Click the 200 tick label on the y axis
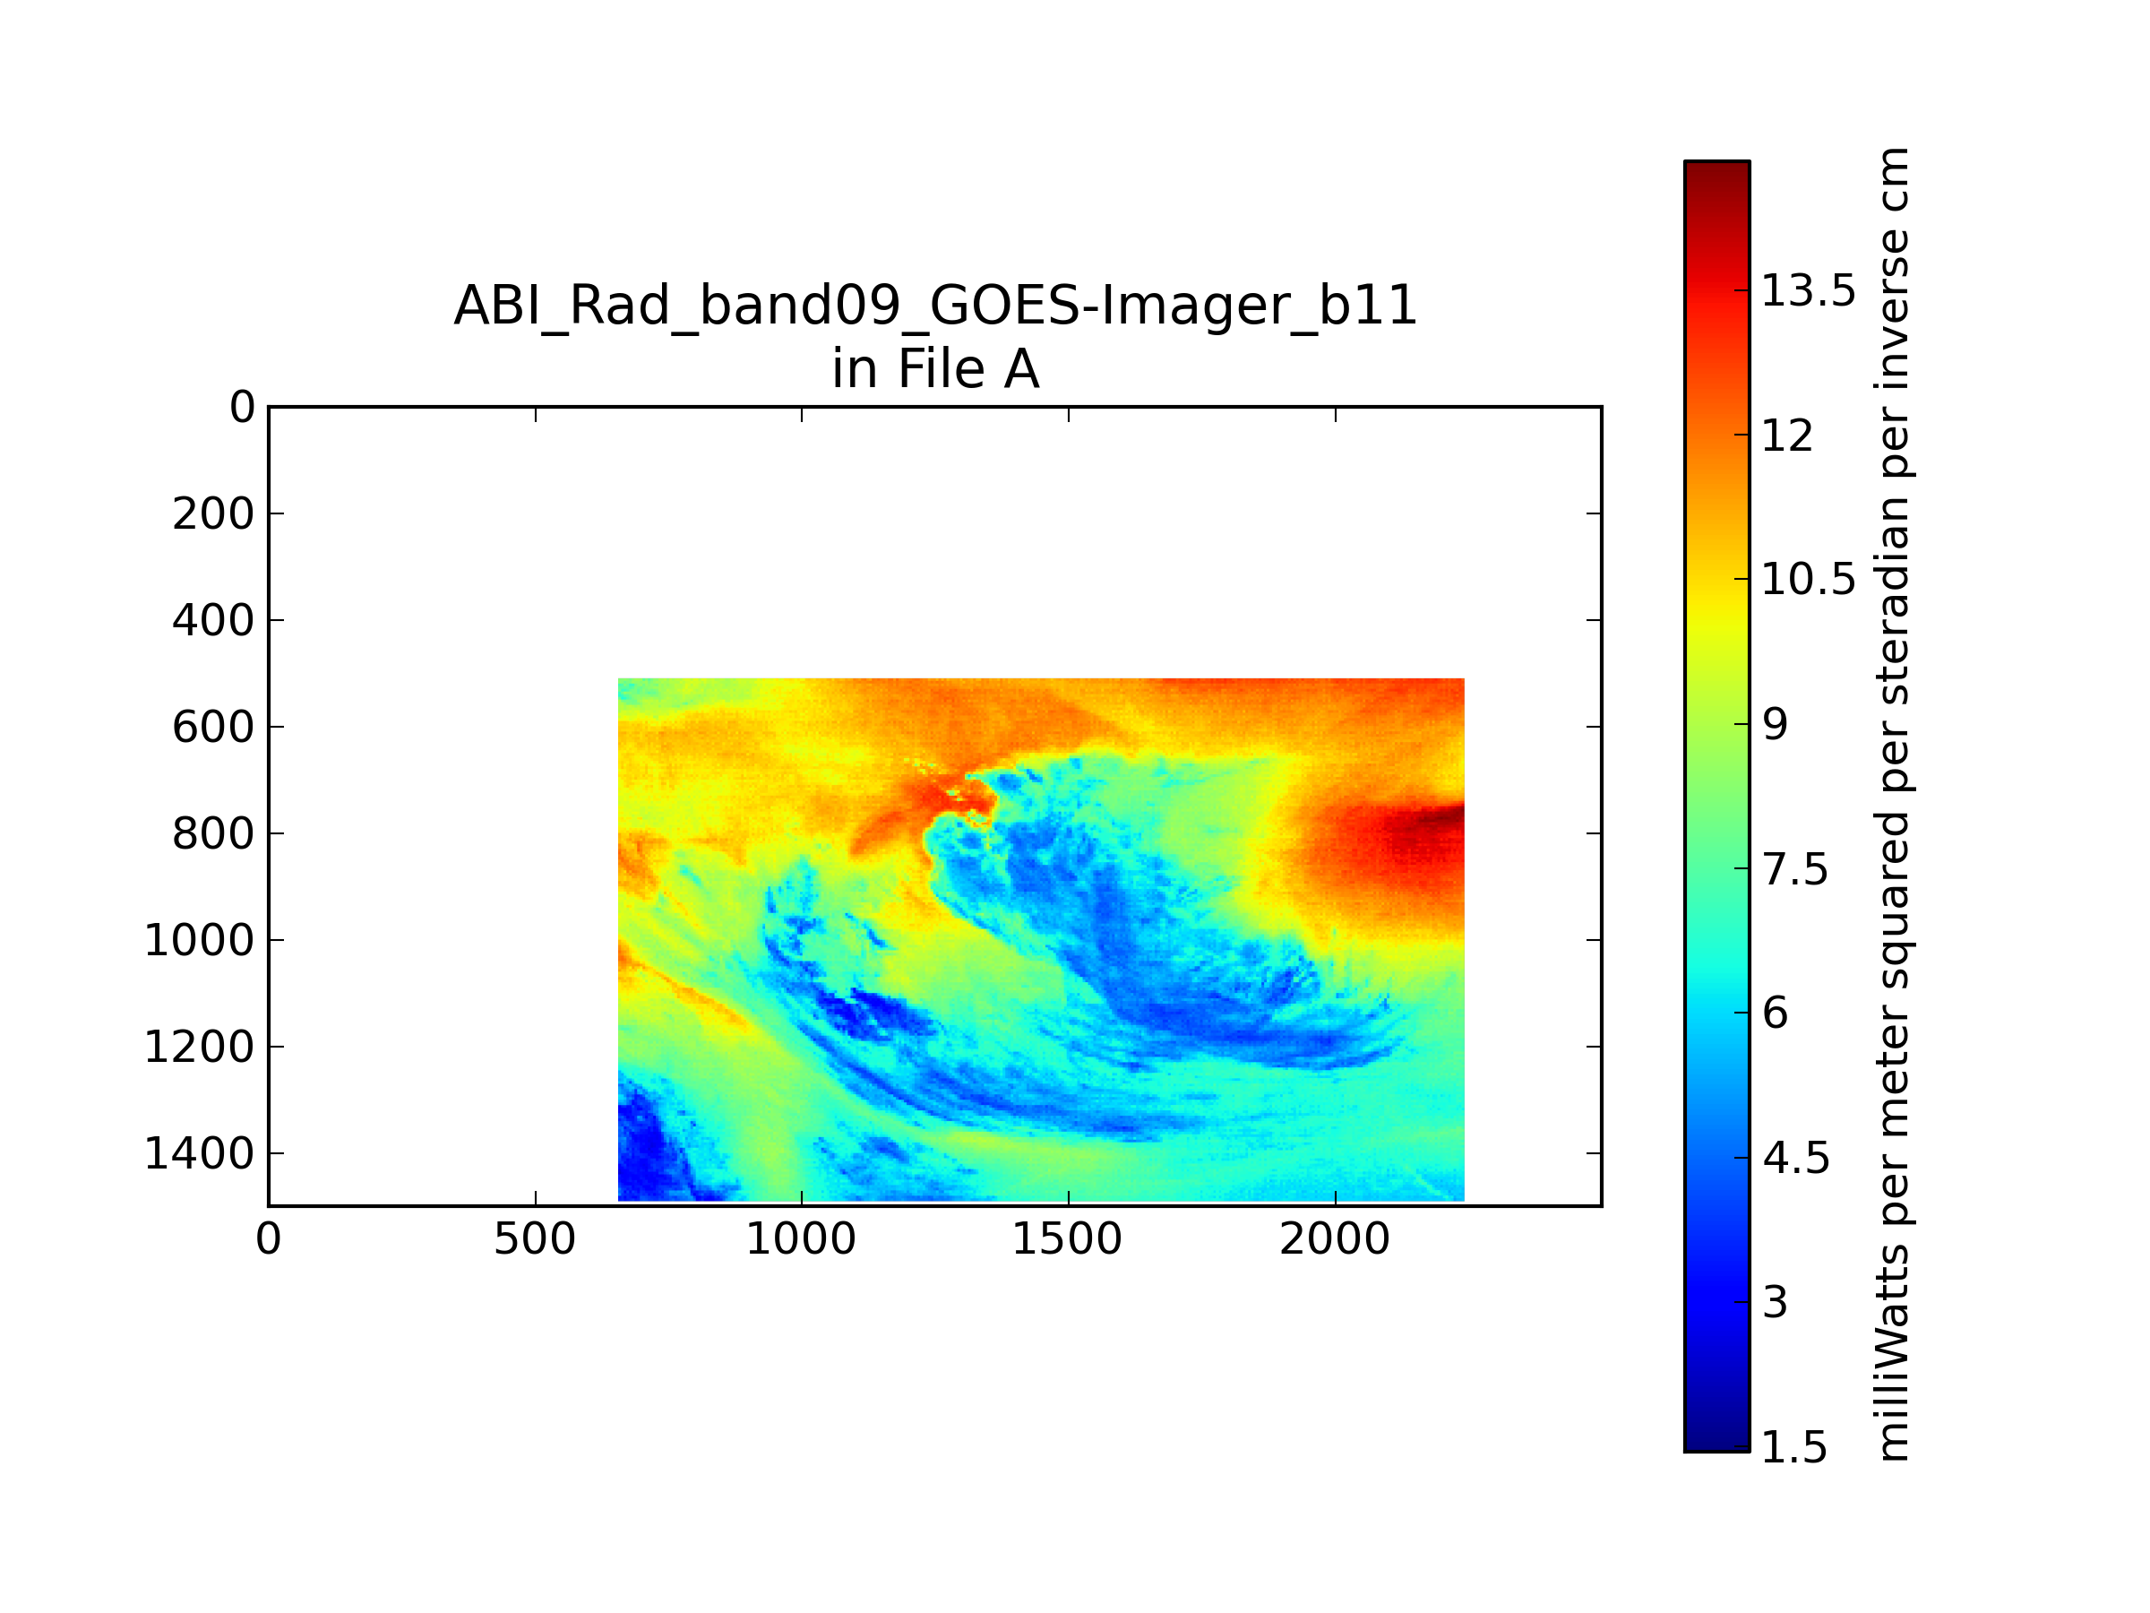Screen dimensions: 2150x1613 (x=213, y=514)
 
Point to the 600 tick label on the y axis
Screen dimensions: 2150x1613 (x=213, y=728)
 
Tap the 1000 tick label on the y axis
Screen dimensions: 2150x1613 (x=199, y=940)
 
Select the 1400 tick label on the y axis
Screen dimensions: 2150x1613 (x=199, y=1153)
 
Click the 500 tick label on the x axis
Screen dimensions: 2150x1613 (x=535, y=1239)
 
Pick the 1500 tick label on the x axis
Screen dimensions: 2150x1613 (x=1067, y=1239)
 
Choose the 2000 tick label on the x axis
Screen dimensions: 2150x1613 (x=1335, y=1239)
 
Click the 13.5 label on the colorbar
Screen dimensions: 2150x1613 (x=1809, y=290)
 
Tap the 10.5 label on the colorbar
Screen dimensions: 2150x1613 (x=1809, y=580)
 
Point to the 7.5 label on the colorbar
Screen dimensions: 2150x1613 (x=1795, y=869)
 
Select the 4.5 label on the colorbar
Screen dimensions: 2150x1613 (x=1795, y=1158)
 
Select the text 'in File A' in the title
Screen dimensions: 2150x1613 (x=936, y=369)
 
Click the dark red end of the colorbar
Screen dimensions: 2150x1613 (x=1717, y=175)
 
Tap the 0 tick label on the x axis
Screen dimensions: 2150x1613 (x=268, y=1239)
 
